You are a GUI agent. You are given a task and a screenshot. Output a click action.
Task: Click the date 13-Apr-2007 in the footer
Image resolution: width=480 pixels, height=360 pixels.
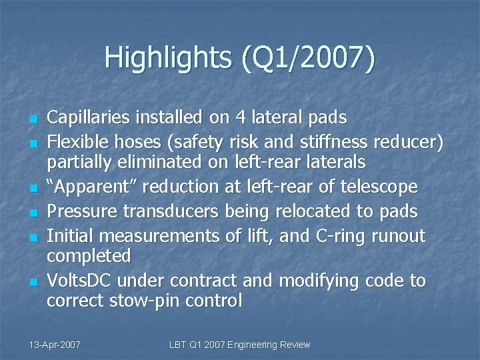pos(55,345)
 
